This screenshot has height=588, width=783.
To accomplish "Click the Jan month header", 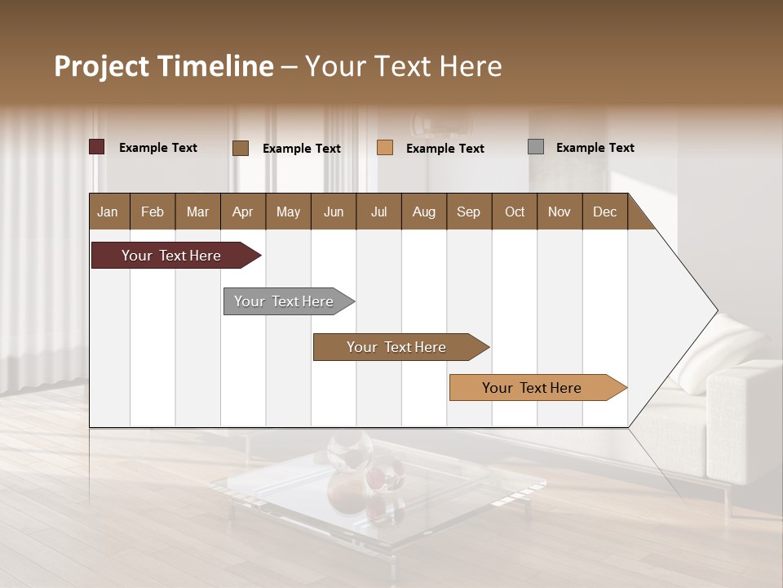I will pyautogui.click(x=108, y=212).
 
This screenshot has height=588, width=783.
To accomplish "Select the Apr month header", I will pyautogui.click(x=242, y=212).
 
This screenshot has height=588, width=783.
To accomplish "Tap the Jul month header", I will pyautogui.click(x=378, y=212).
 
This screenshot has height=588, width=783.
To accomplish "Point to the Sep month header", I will pyautogui.click(x=468, y=212).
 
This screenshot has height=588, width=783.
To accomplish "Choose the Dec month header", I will pyautogui.click(x=604, y=212).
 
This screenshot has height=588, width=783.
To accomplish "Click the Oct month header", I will pyautogui.click(x=515, y=212).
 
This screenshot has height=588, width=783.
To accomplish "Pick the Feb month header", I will pyautogui.click(x=153, y=212).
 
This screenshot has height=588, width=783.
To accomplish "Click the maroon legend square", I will pyautogui.click(x=97, y=147).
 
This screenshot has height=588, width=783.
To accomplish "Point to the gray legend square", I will pyautogui.click(x=536, y=147).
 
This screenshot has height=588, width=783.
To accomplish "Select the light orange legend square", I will pyautogui.click(x=385, y=148).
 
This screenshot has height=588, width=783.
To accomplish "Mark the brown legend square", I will pyautogui.click(x=241, y=148).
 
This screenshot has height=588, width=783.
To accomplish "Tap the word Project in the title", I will pyautogui.click(x=102, y=66).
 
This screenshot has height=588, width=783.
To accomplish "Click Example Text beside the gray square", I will pyautogui.click(x=595, y=148).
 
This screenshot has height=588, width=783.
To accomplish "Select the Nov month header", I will pyautogui.click(x=560, y=212).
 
